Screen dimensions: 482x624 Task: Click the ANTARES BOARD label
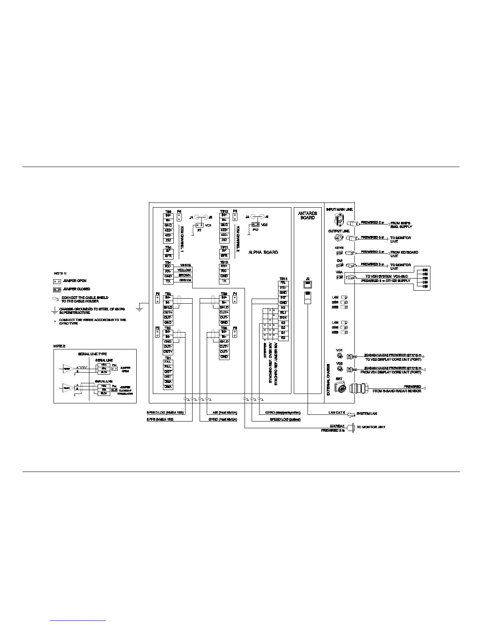tap(308, 215)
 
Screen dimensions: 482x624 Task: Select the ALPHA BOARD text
tap(263, 252)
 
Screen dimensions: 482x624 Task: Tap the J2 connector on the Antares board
tap(308, 284)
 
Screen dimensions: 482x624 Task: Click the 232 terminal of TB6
tap(168, 240)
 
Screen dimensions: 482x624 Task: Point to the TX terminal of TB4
tap(168, 281)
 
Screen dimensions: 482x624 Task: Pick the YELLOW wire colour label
tap(184, 270)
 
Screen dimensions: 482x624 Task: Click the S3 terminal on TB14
tap(283, 323)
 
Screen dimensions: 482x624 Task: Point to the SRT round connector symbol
tap(339, 388)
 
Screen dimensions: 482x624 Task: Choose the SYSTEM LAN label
tap(367, 414)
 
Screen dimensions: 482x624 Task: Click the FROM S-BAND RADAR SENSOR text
tap(397, 391)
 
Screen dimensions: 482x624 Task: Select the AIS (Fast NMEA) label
tap(224, 412)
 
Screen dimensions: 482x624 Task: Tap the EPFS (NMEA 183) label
tap(160, 420)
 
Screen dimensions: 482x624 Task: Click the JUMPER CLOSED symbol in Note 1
tap(57, 289)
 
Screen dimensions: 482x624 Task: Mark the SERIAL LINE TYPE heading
tap(92, 354)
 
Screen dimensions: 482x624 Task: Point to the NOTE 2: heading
tap(59, 346)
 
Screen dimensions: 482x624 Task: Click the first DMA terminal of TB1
tap(168, 382)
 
